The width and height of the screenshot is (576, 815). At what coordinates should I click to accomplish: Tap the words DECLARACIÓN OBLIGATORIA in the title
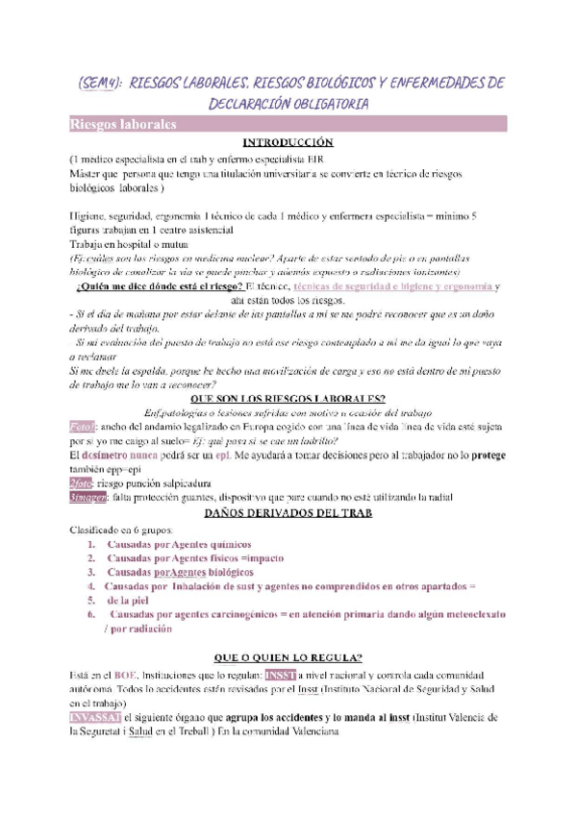tap(288, 104)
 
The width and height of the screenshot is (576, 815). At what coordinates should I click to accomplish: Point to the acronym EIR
tap(318, 159)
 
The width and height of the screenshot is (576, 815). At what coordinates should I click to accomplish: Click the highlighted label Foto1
tap(84, 400)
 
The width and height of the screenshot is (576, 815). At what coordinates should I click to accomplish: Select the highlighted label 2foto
tap(84, 482)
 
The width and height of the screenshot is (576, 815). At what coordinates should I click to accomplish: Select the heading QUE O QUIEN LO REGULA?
tap(288, 658)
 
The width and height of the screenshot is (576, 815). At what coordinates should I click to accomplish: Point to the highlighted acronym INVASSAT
tap(94, 718)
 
